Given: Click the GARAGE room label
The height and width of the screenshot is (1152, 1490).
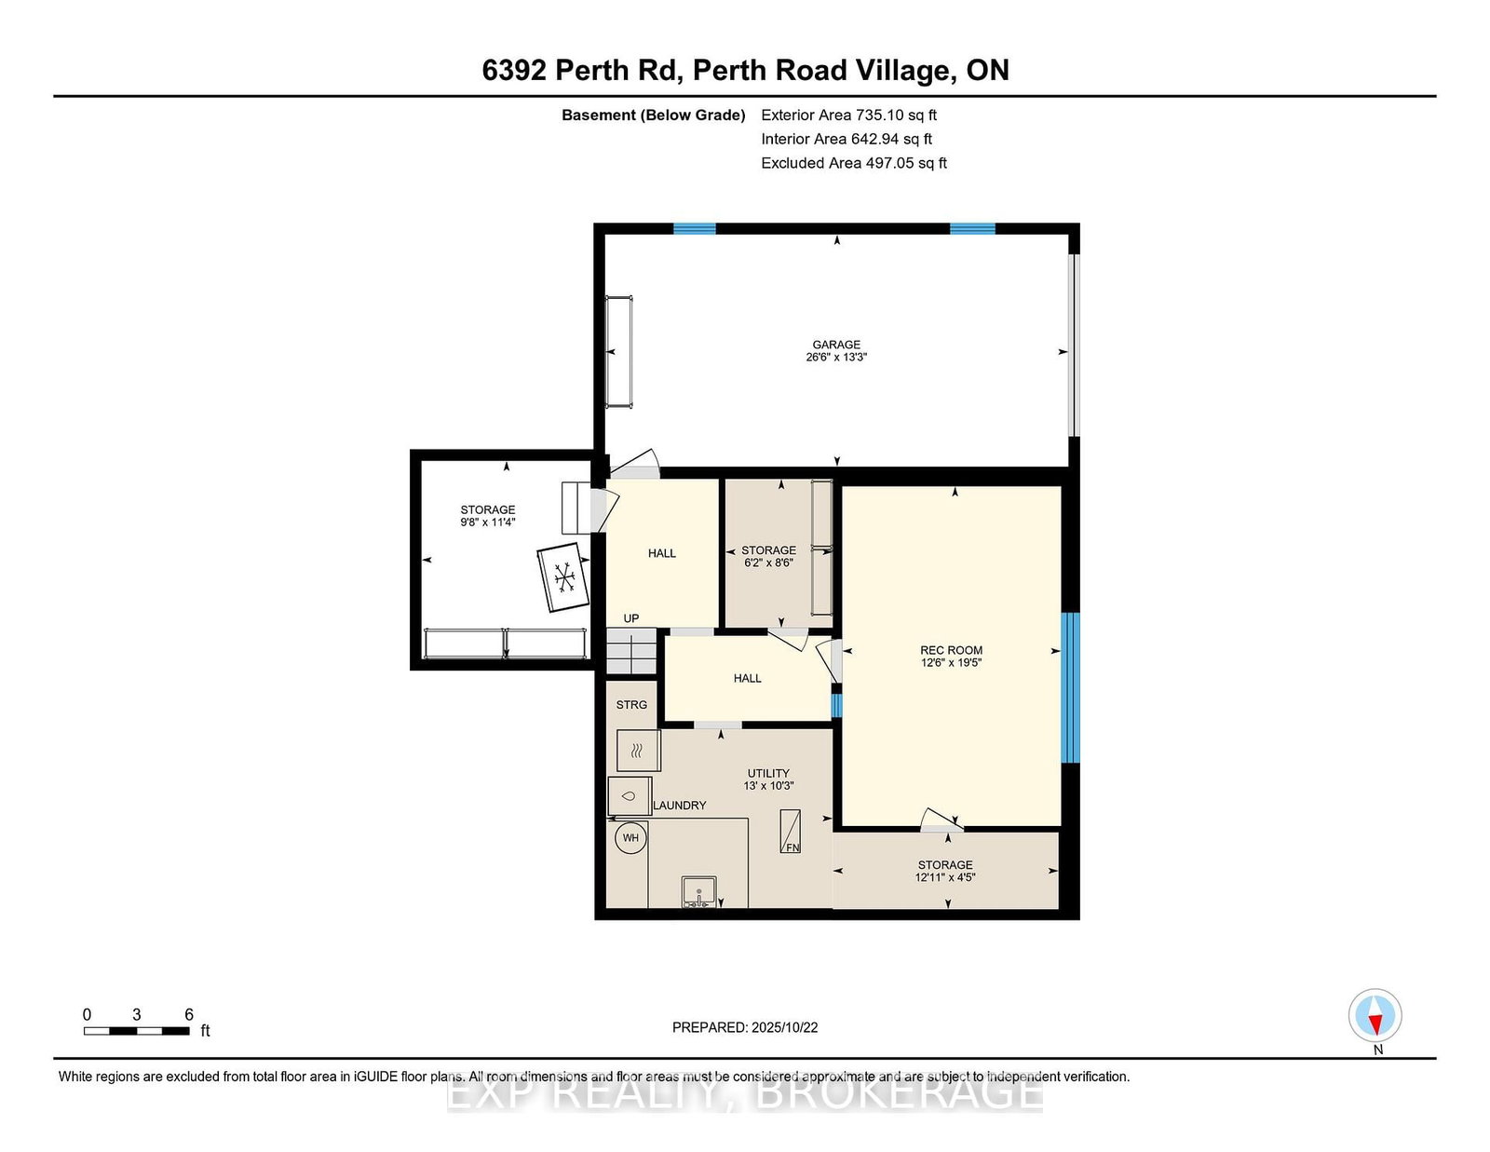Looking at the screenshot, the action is click(x=836, y=345).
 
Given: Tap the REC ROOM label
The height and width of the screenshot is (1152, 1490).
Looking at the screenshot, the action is click(x=951, y=650).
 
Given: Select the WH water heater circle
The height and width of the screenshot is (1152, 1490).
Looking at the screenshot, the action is click(x=630, y=838).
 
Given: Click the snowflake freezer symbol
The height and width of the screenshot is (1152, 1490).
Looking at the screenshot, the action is click(x=563, y=577).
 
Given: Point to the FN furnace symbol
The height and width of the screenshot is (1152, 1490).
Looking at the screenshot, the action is click(x=791, y=831).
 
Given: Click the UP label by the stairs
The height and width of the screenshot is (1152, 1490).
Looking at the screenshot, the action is click(x=630, y=618).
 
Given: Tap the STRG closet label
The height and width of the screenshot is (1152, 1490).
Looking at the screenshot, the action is click(x=631, y=704).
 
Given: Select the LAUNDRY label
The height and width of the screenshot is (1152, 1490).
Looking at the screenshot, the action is click(x=680, y=805).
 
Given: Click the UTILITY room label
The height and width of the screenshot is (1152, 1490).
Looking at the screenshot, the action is click(x=768, y=773).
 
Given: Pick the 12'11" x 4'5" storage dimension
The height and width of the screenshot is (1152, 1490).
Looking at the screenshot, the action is click(x=945, y=877).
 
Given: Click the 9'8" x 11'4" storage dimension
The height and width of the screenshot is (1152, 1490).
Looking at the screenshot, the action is click(x=488, y=522).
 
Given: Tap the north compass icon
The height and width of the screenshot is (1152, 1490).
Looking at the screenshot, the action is click(x=1375, y=1015).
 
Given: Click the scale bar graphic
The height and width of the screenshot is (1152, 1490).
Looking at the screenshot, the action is click(x=137, y=1031).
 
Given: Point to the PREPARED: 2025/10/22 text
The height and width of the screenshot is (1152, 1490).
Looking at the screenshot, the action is click(x=745, y=1027).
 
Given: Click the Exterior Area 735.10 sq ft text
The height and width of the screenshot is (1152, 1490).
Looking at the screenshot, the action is click(x=849, y=115).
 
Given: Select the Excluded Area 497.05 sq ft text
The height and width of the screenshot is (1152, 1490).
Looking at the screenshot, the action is click(x=854, y=163).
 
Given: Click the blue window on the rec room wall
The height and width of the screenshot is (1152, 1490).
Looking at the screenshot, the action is click(x=1070, y=688).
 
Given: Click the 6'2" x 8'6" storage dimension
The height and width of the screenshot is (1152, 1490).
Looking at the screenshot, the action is click(x=768, y=562).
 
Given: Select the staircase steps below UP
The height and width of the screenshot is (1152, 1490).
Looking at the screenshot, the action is click(x=631, y=651).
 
